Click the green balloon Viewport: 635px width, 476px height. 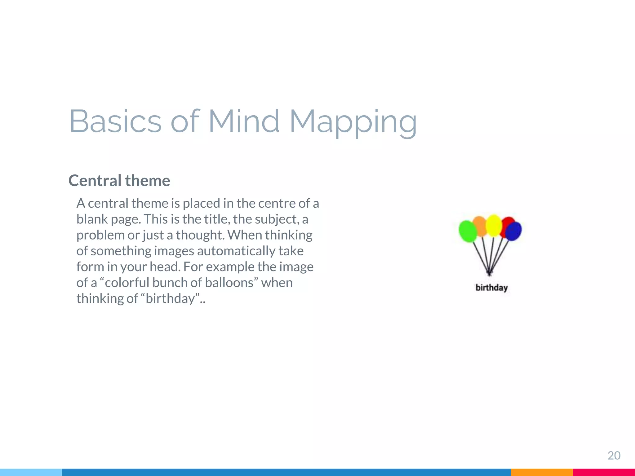468,231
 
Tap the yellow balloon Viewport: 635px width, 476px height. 494,225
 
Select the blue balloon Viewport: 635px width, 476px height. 514,231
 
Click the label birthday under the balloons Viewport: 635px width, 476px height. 491,288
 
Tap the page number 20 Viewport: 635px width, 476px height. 614,456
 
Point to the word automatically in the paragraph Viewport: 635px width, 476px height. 236,251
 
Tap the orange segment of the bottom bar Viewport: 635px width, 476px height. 541,472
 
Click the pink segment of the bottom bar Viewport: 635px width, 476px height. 604,472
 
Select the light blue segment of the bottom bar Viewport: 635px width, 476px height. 31,472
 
